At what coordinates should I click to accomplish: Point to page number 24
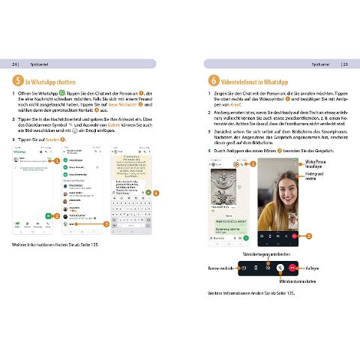pyautogui.click(x=15, y=64)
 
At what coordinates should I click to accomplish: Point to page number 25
pyautogui.click(x=346, y=64)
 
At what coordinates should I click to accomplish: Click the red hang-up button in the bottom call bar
pyautogui.click(x=290, y=267)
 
